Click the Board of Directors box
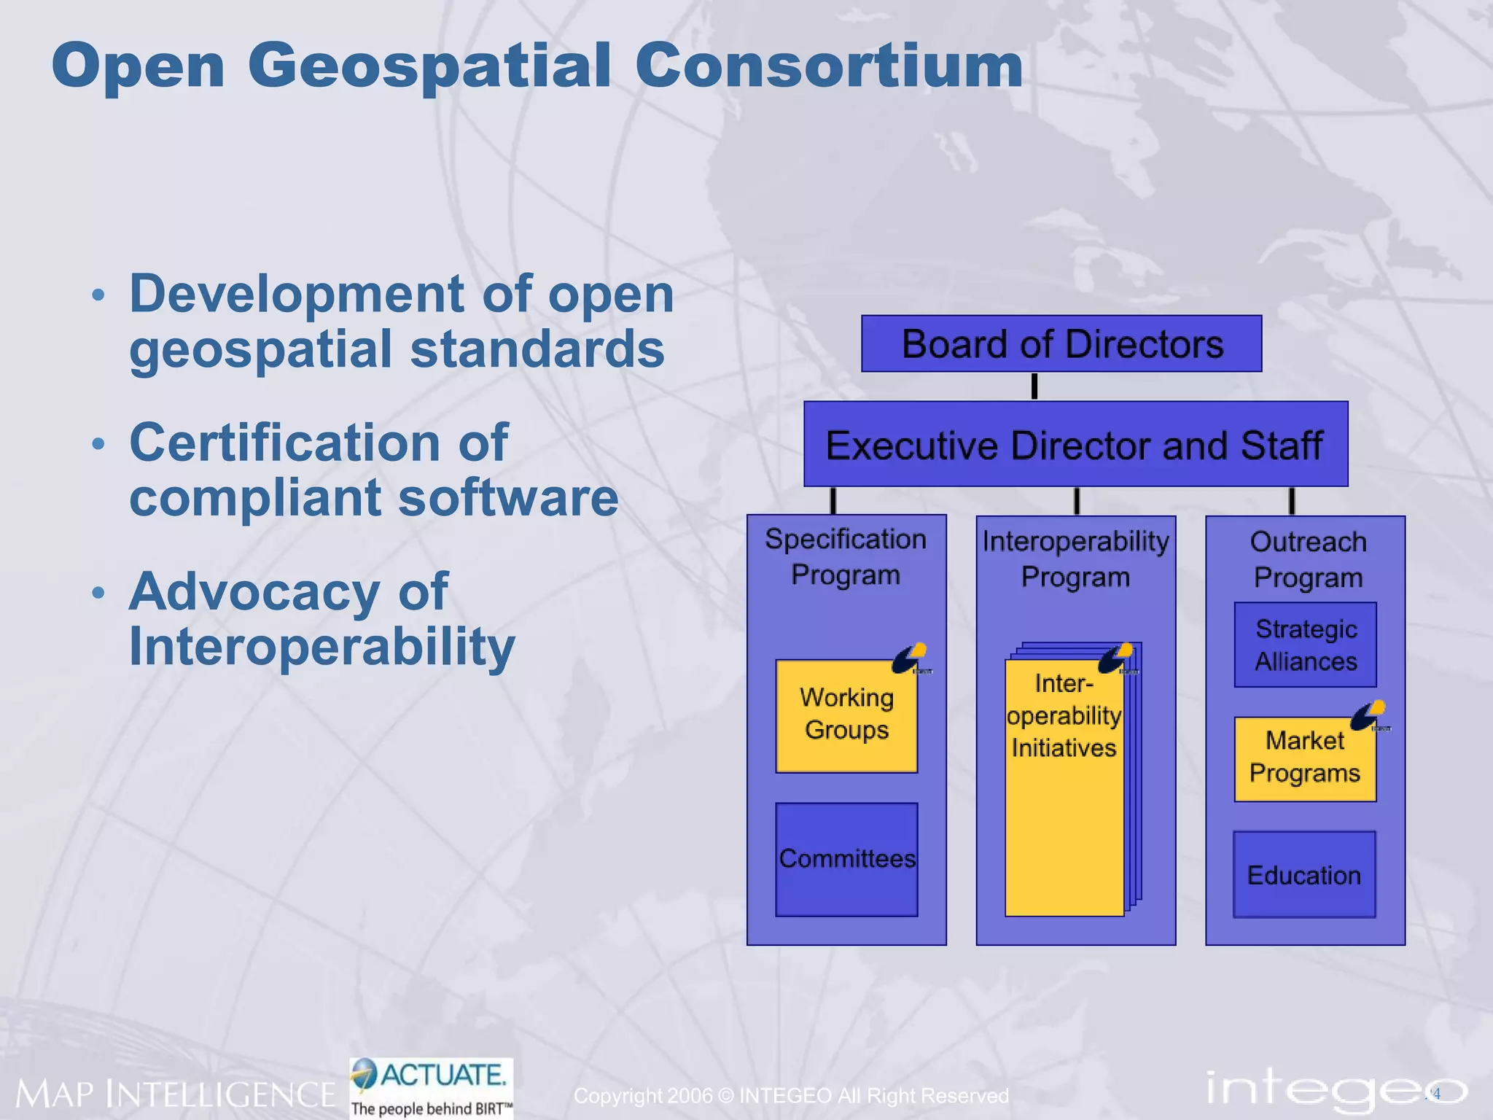(x=1061, y=343)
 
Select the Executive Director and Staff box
(x=1075, y=444)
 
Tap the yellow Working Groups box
(x=846, y=715)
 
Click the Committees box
(x=846, y=859)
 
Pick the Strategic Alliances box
(x=1305, y=645)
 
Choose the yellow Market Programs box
(x=1304, y=759)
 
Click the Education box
(x=1303, y=874)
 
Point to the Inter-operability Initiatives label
(x=1064, y=715)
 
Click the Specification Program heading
(x=846, y=556)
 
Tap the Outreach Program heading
(x=1308, y=559)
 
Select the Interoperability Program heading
(x=1075, y=559)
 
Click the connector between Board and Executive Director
(x=1034, y=386)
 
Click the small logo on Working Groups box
(x=911, y=658)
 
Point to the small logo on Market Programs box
(x=1369, y=716)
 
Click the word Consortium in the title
(x=829, y=66)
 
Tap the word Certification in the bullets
(x=284, y=443)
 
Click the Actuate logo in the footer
(x=432, y=1086)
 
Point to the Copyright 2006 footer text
(x=791, y=1095)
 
